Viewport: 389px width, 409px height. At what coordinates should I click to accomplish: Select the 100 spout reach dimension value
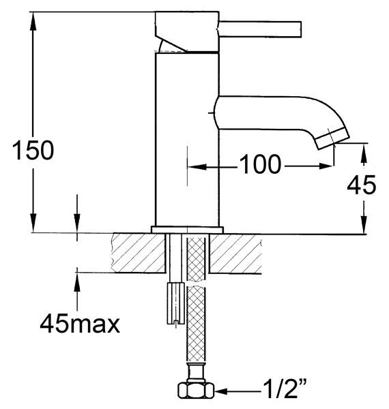point(259,164)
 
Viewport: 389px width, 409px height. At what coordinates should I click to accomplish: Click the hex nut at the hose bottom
point(196,391)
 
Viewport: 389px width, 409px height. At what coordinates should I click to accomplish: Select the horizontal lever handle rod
point(260,27)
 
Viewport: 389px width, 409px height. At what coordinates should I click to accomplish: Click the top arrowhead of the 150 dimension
point(33,16)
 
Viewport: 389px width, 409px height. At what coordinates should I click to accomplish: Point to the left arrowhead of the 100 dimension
point(193,166)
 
